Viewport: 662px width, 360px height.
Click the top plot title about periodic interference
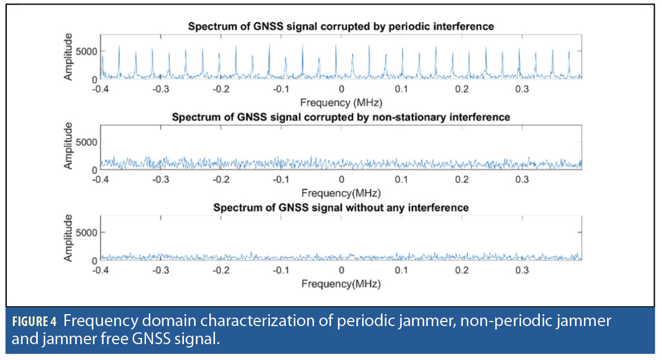(x=341, y=26)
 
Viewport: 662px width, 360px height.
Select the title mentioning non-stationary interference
(x=341, y=117)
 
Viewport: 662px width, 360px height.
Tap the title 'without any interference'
(x=341, y=208)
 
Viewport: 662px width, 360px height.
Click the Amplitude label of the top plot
(x=68, y=57)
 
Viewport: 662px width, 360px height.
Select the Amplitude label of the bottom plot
(x=68, y=238)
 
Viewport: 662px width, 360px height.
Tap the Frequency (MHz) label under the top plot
(x=341, y=102)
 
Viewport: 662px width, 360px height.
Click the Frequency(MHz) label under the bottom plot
(x=341, y=283)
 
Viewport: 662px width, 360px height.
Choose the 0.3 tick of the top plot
(x=522, y=89)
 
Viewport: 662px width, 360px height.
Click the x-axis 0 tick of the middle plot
(x=341, y=179)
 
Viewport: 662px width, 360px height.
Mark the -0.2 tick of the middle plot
(x=221, y=179)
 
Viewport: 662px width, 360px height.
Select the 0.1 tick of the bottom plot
(x=402, y=270)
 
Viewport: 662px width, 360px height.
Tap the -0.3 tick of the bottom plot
(x=161, y=270)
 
